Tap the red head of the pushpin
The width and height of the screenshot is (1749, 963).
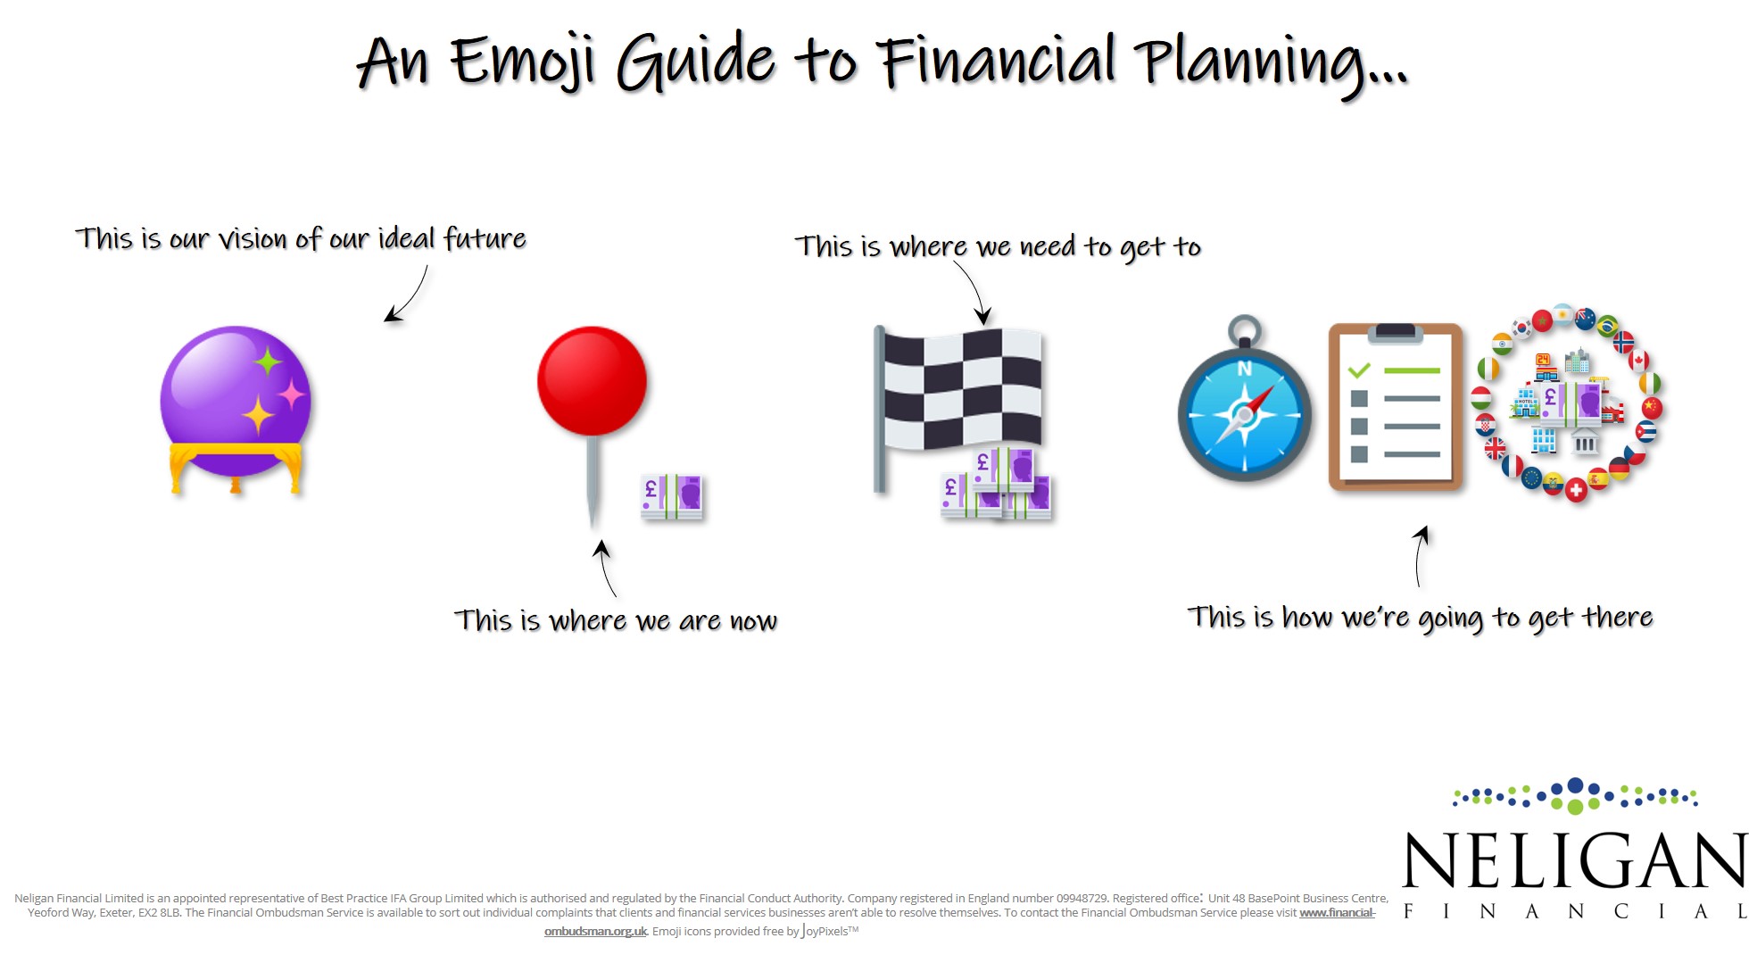592,381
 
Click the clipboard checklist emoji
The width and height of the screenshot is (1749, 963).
1396,407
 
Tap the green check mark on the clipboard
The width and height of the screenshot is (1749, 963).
1359,369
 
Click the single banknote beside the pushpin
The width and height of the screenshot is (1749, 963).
672,497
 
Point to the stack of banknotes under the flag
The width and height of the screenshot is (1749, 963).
997,485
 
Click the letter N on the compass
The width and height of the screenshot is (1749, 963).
1244,369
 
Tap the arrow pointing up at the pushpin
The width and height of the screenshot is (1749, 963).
605,568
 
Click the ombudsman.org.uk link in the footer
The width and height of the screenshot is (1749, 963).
595,931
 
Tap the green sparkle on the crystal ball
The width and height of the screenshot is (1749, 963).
267,361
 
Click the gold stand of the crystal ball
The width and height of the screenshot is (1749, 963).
236,468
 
